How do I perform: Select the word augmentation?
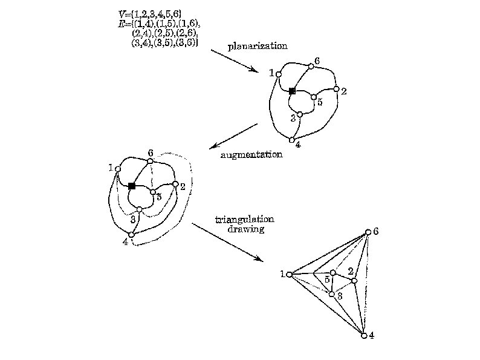click(x=251, y=155)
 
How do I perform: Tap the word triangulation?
click(x=239, y=220)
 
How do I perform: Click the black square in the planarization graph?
click(x=292, y=91)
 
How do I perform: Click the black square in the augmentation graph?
click(x=131, y=186)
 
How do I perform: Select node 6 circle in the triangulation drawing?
click(x=368, y=232)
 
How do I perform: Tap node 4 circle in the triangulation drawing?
click(x=364, y=335)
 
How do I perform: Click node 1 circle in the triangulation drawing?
click(x=289, y=275)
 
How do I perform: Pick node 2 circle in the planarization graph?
click(x=337, y=89)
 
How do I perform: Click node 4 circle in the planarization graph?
click(x=291, y=140)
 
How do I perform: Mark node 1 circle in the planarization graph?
click(x=279, y=74)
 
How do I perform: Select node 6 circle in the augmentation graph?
click(x=151, y=161)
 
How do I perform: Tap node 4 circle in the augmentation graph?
click(x=131, y=234)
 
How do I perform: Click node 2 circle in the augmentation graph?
click(x=175, y=184)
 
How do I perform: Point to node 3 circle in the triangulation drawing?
click(x=332, y=294)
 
